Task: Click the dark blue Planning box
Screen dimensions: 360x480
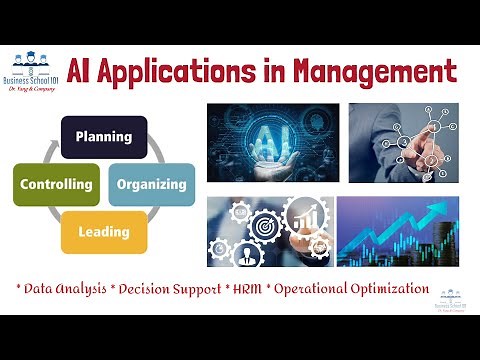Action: point(104,137)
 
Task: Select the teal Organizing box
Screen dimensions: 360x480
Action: point(151,184)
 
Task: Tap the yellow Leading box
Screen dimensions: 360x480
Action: point(104,231)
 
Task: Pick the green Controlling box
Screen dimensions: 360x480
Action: point(56,184)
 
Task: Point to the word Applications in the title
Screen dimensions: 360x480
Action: point(201,72)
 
